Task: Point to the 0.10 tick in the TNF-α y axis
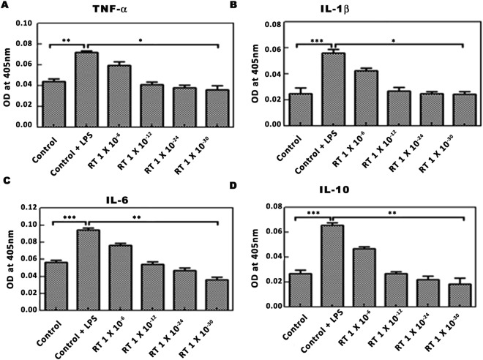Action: coord(23,23)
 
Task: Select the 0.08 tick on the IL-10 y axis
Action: coord(274,208)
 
